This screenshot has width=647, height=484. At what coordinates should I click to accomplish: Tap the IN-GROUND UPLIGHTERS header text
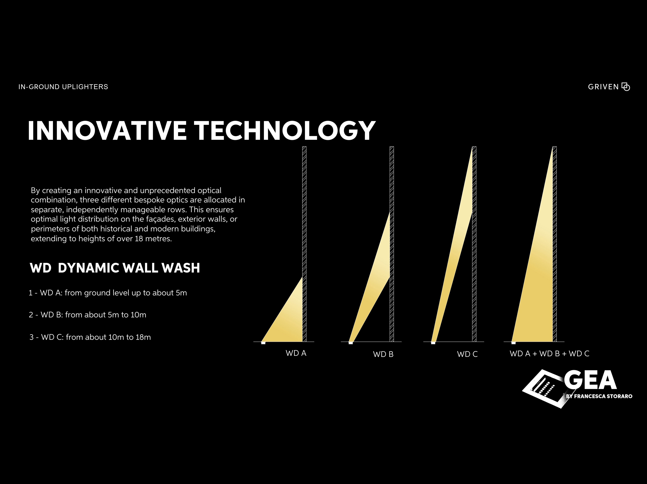coord(63,87)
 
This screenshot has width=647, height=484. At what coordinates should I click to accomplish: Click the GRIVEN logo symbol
coord(626,87)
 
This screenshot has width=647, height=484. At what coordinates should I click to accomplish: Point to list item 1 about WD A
coord(108,293)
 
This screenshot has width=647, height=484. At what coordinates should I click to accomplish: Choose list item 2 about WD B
coord(87,315)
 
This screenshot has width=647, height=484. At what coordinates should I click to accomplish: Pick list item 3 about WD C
coord(90,337)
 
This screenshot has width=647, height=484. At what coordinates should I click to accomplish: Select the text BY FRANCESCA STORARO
coord(599,396)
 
